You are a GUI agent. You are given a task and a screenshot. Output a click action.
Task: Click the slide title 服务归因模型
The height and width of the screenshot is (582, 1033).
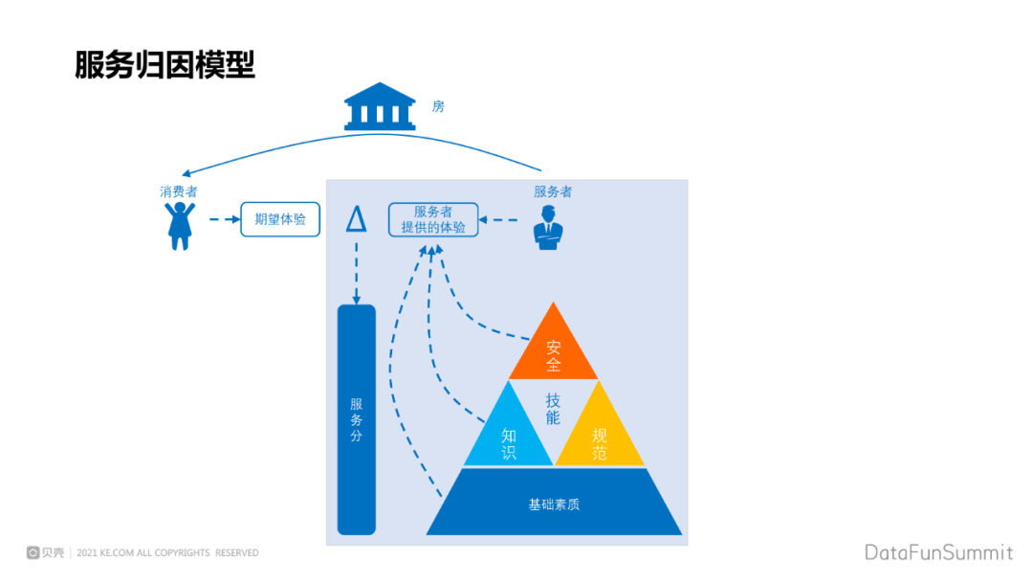[165, 65]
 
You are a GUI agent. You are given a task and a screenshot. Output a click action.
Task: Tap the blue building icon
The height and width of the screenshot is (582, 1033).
[380, 106]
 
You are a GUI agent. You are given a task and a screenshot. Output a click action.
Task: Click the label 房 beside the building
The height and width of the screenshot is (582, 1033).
[438, 106]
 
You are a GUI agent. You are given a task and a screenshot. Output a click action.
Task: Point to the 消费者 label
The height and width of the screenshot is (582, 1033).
[179, 191]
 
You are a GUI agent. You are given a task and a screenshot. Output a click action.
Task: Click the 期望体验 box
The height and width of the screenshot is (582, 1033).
[280, 219]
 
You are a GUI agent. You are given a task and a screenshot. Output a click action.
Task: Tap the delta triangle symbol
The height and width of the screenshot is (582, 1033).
[356, 219]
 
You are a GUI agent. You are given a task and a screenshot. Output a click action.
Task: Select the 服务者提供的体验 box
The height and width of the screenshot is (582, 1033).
[433, 219]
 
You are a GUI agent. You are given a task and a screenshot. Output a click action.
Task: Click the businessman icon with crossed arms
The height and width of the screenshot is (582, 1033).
[548, 228]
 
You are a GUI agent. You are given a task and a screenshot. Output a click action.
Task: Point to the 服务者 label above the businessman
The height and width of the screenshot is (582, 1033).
[553, 191]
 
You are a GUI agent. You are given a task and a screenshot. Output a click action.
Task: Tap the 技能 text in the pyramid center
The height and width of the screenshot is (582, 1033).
[553, 409]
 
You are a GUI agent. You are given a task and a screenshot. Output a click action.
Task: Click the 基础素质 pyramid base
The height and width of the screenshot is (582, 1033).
[554, 504]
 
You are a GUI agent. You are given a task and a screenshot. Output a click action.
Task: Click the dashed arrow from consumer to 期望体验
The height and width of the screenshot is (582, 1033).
[224, 219]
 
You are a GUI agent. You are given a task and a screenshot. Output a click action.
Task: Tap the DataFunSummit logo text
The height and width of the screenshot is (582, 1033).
[938, 552]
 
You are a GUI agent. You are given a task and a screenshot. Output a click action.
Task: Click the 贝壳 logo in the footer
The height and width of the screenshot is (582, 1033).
[46, 552]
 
